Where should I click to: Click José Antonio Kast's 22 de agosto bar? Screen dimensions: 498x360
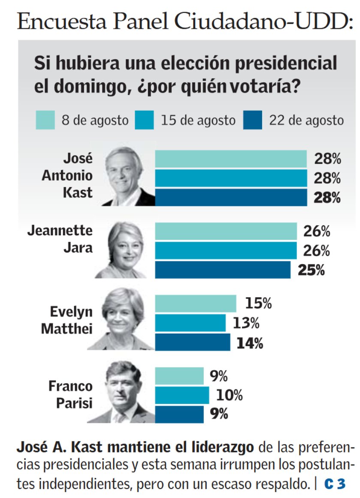tap(230, 197)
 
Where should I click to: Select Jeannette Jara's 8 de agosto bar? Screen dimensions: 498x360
tap(226, 231)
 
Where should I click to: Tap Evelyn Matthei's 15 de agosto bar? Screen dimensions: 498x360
tap(190, 323)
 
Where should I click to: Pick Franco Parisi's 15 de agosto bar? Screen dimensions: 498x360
tap(182, 395)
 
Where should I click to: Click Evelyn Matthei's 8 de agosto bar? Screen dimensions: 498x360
tap(195, 304)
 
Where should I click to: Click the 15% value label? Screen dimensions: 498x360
tap(258, 304)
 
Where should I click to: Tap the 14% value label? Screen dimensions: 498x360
tap(249, 343)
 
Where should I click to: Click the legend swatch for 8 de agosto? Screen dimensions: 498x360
tap(45, 120)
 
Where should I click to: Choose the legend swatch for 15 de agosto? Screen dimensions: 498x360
tap(145, 120)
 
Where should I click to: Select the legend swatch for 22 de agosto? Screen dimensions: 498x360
tap(253, 120)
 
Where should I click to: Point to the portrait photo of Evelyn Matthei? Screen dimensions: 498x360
tap(122, 320)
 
